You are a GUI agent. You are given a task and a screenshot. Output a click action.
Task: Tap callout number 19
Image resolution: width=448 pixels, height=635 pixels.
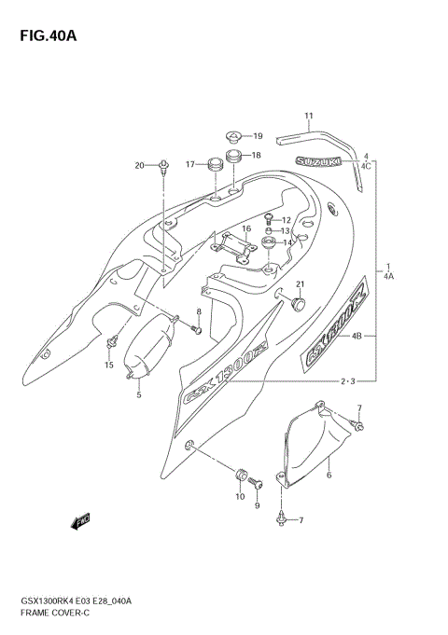(257, 136)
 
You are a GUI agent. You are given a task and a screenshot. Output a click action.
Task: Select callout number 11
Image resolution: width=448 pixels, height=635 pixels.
(308, 117)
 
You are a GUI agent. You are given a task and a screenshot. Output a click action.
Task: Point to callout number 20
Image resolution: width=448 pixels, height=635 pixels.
(139, 166)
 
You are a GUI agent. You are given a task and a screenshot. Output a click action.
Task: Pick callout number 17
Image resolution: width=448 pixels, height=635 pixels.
(189, 165)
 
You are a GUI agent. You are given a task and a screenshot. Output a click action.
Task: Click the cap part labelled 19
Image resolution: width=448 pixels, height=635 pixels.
(234, 136)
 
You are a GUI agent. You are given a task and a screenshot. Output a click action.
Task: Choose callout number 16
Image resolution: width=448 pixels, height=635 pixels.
(246, 228)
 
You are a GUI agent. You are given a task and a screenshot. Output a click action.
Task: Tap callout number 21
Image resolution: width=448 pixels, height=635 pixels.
(301, 284)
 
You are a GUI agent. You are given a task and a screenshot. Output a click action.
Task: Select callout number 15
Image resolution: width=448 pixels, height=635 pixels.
(108, 365)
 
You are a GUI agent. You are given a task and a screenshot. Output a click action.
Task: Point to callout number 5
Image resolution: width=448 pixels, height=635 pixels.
(139, 394)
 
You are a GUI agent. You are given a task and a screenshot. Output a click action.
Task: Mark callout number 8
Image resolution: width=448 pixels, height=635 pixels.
(198, 311)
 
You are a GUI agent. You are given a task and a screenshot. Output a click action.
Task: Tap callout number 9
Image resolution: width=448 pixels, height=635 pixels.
(257, 505)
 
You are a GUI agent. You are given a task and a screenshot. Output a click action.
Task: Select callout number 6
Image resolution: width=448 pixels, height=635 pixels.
(329, 475)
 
